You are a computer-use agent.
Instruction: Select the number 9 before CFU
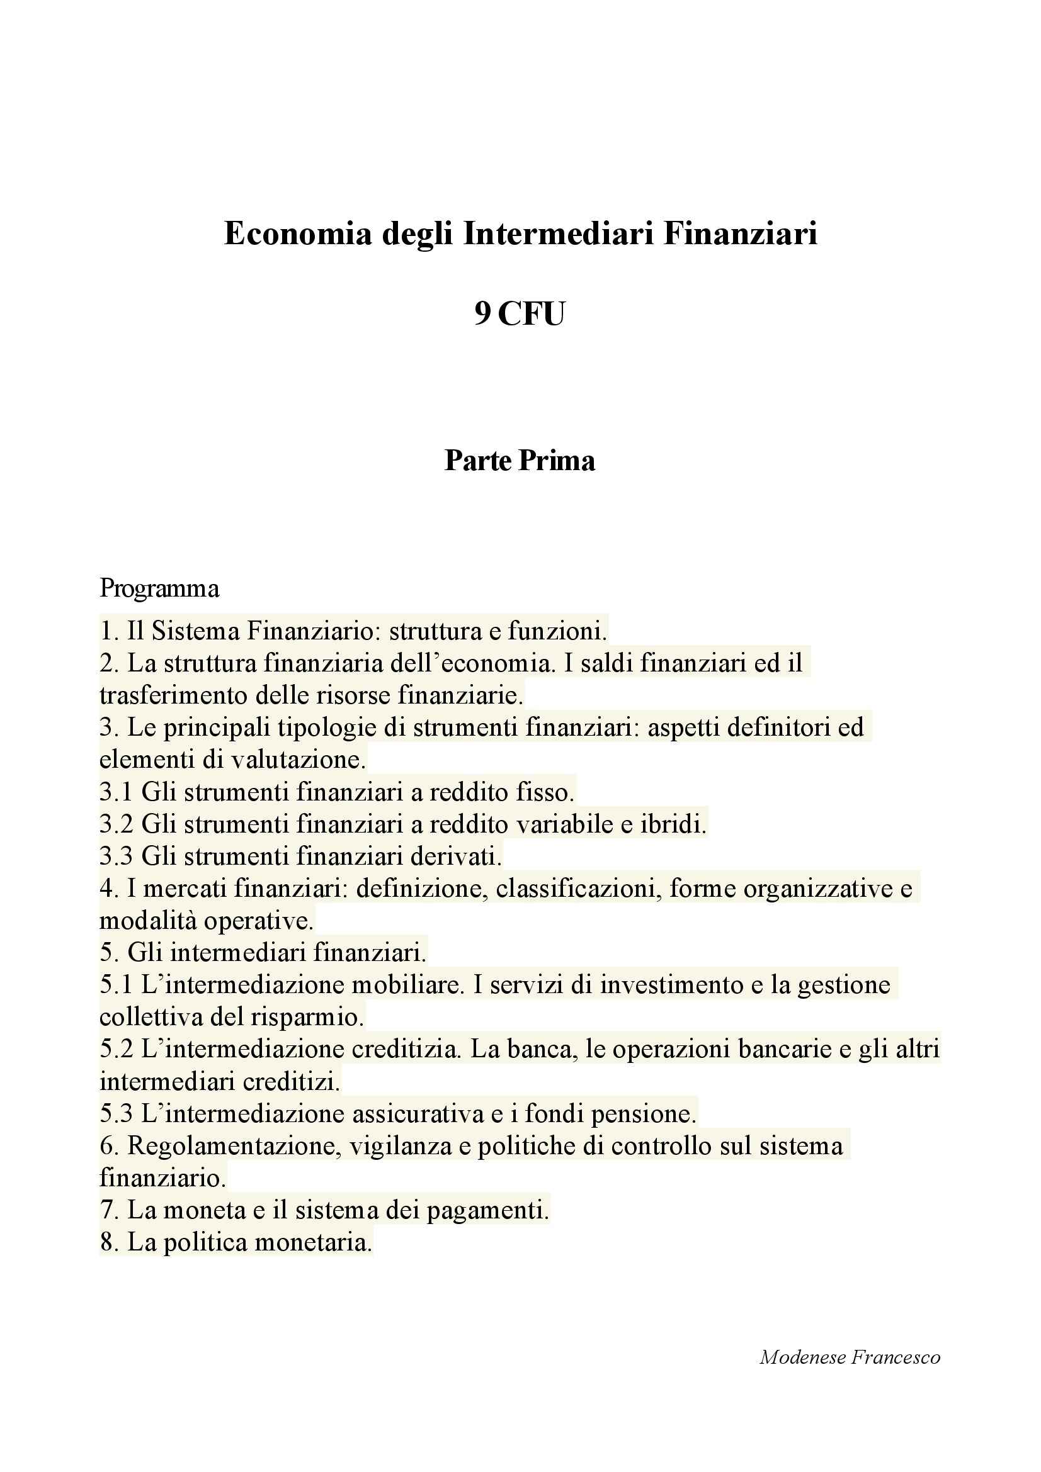(482, 314)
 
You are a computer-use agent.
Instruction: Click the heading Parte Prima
(520, 461)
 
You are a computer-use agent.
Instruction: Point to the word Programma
(159, 588)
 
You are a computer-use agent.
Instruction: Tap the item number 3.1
(115, 792)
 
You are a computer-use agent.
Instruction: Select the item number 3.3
(115, 857)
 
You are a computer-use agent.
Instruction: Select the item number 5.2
(116, 1050)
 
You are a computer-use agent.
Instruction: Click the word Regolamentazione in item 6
(233, 1146)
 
